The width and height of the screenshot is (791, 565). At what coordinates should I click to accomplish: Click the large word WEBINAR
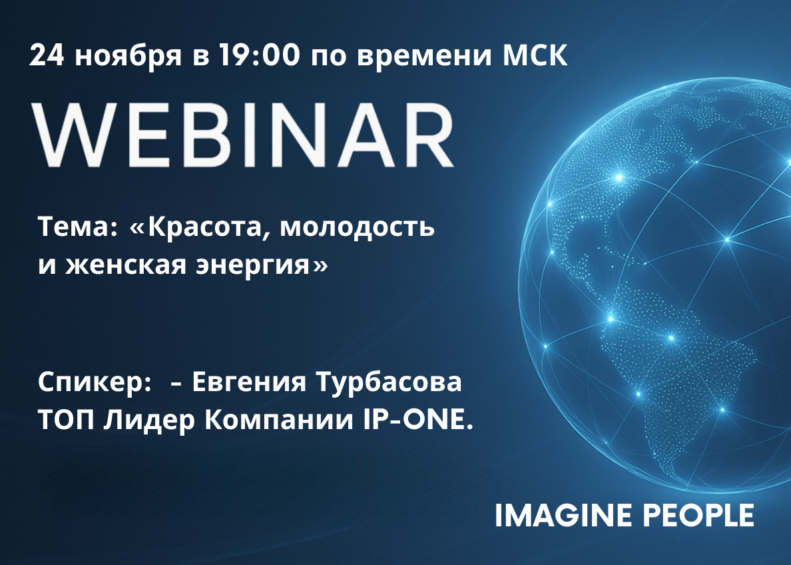(242, 135)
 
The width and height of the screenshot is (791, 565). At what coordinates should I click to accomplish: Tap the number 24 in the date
(47, 55)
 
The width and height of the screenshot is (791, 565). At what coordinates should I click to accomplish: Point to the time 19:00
(259, 55)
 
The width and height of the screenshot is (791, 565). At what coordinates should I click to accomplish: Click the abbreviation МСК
(535, 55)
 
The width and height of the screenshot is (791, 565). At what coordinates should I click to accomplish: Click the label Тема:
(78, 227)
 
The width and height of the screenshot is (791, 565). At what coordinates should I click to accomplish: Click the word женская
(126, 266)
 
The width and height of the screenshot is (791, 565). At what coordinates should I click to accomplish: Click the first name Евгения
(249, 383)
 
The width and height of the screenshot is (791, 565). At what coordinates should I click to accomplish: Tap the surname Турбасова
(388, 383)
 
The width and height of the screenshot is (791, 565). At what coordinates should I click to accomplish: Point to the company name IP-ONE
(418, 420)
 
